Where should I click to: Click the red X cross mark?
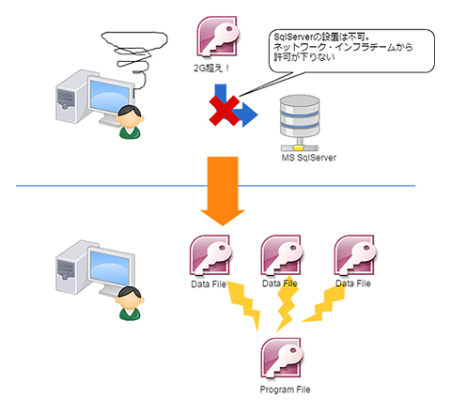(x=225, y=111)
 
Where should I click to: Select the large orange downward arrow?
(x=223, y=191)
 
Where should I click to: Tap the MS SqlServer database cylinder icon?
(x=300, y=123)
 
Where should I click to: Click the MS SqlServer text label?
(x=309, y=158)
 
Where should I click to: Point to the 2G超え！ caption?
(x=211, y=69)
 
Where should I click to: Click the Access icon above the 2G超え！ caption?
(x=218, y=37)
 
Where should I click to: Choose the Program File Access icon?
(x=282, y=359)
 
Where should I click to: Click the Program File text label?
(x=285, y=390)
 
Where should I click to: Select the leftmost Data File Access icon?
(x=210, y=256)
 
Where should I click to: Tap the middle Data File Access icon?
(x=282, y=256)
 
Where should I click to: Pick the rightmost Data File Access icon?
(x=355, y=256)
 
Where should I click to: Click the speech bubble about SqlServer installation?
(x=351, y=51)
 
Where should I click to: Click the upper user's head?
(x=130, y=116)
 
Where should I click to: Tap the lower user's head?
(x=130, y=298)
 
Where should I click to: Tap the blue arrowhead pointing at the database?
(x=248, y=115)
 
